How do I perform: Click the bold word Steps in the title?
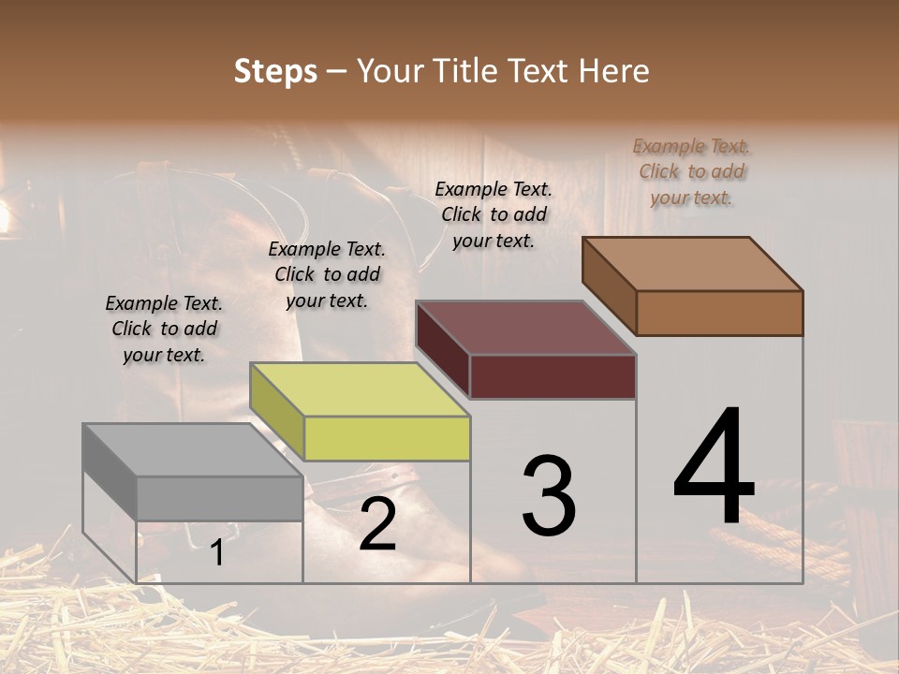pos(275,71)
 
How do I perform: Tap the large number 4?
pos(714,468)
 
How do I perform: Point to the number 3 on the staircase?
pos(549,496)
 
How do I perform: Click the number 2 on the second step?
pos(377,524)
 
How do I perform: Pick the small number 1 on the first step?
pos(216,553)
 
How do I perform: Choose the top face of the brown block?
pos(693,264)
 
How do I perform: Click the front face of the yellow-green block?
pos(387,438)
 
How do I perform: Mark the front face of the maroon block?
pos(553,376)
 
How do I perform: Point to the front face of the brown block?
pos(719,313)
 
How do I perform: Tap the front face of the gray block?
pos(219,498)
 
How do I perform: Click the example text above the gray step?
pos(164,329)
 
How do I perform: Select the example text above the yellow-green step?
pos(327,274)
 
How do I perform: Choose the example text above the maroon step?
pos(494,214)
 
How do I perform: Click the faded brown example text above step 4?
pos(692,171)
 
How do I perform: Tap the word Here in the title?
pos(614,71)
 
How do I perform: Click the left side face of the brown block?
pos(609,285)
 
